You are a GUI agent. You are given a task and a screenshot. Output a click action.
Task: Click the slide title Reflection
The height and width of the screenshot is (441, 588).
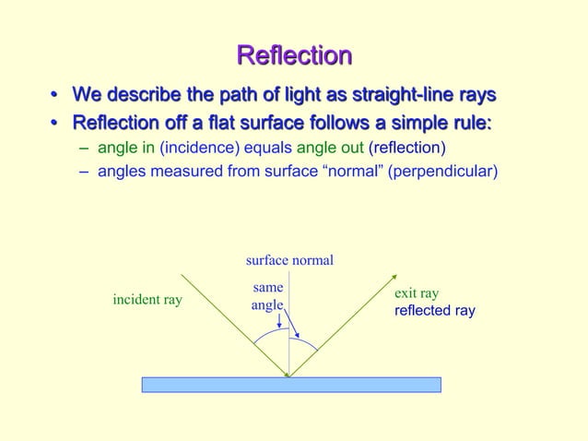pyautogui.click(x=294, y=55)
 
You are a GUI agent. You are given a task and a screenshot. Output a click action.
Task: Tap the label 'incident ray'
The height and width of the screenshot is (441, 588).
pyautogui.click(x=147, y=300)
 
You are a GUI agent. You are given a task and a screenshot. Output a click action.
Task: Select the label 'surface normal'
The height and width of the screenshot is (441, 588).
pyautogui.click(x=289, y=261)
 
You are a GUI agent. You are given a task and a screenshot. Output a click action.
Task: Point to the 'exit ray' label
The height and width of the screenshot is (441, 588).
pyautogui.click(x=417, y=293)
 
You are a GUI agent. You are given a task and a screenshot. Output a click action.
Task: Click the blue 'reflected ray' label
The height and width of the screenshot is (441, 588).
pyautogui.click(x=435, y=311)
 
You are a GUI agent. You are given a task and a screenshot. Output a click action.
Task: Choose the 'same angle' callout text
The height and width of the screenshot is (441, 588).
pyautogui.click(x=267, y=296)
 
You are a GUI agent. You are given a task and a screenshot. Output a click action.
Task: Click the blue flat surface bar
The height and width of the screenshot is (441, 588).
pyautogui.click(x=290, y=385)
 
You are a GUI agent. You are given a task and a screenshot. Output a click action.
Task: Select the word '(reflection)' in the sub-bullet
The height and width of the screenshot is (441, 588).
pyautogui.click(x=406, y=148)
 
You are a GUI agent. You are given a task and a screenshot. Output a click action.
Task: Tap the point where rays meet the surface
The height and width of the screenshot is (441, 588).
pyautogui.click(x=289, y=376)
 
